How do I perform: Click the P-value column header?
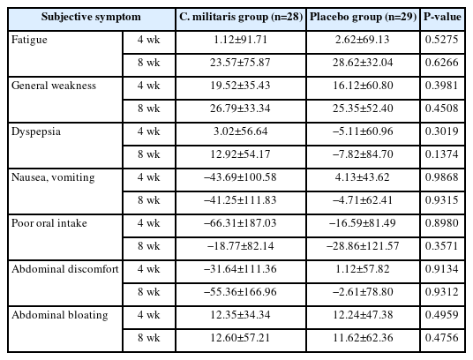tap(442, 17)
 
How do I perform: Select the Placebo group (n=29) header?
tap(363, 17)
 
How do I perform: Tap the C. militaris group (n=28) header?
tap(241, 17)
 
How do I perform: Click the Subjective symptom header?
tap(91, 17)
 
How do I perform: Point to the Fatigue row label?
tap(29, 40)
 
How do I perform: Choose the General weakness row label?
tap(54, 86)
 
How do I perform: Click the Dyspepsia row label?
tap(36, 131)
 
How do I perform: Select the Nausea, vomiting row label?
tap(53, 177)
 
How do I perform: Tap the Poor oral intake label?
tap(49, 223)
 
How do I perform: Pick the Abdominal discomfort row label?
tap(65, 269)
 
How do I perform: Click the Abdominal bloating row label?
tap(60, 315)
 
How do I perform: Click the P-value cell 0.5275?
tap(442, 40)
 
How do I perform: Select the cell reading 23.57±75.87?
tap(240, 63)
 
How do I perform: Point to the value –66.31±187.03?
tap(240, 223)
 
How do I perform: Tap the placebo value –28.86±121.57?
tap(363, 246)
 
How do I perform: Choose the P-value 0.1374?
tap(442, 154)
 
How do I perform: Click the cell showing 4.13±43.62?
tap(363, 177)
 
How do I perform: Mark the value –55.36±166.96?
tap(240, 292)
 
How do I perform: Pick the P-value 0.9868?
tap(442, 177)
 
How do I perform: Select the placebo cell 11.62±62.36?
tap(363, 338)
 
